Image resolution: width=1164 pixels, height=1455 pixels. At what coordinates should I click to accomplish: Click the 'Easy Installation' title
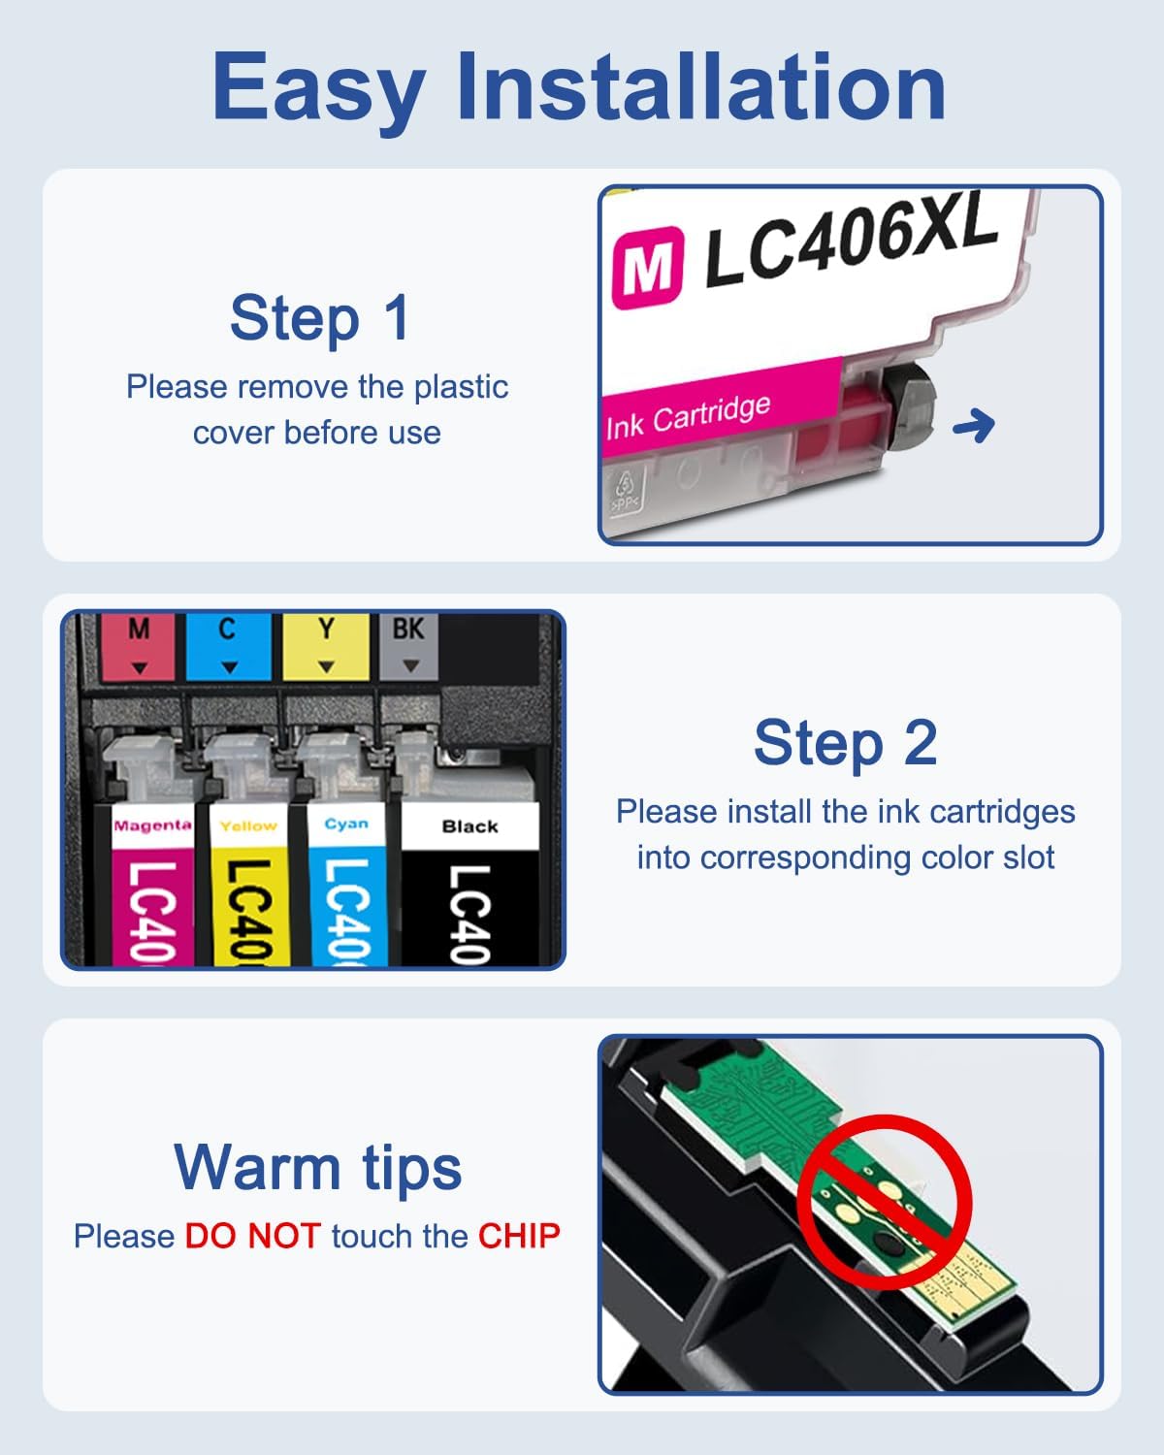(x=579, y=87)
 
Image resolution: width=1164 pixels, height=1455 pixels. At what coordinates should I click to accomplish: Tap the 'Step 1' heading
(x=320, y=318)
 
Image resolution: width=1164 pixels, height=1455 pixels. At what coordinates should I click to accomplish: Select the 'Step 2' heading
(x=845, y=743)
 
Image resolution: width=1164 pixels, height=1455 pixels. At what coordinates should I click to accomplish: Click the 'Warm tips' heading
(x=318, y=1167)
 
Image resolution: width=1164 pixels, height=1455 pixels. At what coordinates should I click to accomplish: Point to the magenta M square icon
(x=647, y=267)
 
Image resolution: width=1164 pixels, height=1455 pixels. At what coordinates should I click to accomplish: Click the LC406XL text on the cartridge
(x=850, y=238)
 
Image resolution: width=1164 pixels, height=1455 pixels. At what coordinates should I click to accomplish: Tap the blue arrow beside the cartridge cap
(x=974, y=425)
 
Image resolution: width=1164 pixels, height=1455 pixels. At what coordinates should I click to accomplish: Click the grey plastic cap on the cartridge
(x=910, y=407)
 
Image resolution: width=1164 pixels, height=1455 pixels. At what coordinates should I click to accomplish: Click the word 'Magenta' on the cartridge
(x=152, y=825)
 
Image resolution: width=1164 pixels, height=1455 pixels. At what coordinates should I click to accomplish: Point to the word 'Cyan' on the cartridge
(x=346, y=824)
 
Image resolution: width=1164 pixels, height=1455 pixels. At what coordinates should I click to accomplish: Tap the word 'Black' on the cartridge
(x=469, y=826)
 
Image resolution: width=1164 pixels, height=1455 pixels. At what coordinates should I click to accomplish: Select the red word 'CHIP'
(x=519, y=1236)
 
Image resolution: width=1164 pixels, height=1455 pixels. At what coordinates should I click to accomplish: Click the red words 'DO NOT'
(x=252, y=1236)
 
